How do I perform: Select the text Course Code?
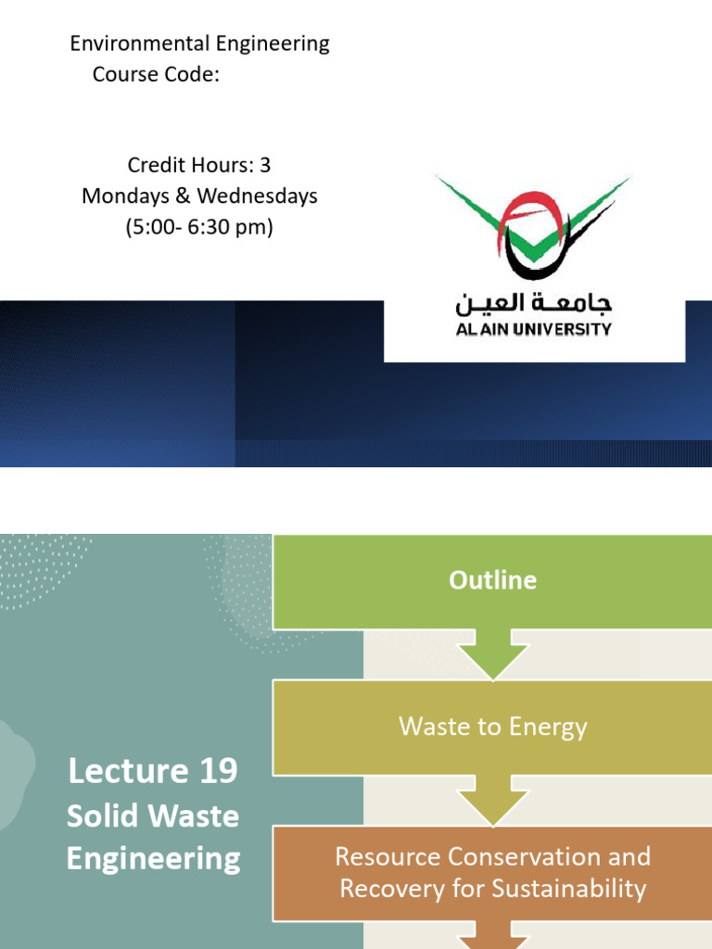[x=156, y=74]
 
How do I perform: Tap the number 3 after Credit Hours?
[x=265, y=165]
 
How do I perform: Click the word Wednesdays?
[x=257, y=196]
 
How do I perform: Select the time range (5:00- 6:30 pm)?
[x=199, y=228]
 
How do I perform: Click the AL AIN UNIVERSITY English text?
[x=533, y=329]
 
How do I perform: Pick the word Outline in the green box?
[x=492, y=580]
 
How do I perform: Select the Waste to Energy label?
[x=492, y=727]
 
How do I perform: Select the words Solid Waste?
[x=153, y=816]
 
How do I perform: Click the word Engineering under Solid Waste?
[x=153, y=858]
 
